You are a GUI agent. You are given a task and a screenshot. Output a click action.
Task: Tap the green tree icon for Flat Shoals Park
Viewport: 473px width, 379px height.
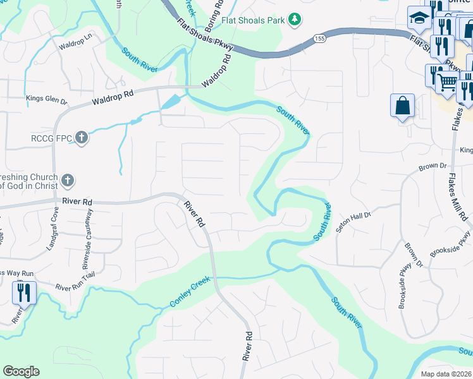coord(294,20)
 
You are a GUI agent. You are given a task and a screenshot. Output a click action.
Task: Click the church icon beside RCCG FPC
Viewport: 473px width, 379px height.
coord(81,136)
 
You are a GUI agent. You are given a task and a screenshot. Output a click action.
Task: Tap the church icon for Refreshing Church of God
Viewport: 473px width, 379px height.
coord(68,181)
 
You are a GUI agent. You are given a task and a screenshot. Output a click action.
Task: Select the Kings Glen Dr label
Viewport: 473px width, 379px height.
coord(46,99)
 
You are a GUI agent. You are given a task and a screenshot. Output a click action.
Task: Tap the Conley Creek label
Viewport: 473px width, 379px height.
coord(189,294)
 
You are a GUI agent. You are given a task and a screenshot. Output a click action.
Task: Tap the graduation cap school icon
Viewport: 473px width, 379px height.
coord(419,18)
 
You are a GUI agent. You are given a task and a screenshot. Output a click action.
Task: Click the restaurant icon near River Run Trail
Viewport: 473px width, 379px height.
coord(24,292)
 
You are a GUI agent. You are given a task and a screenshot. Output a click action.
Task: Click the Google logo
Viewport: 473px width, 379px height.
coord(21,371)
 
